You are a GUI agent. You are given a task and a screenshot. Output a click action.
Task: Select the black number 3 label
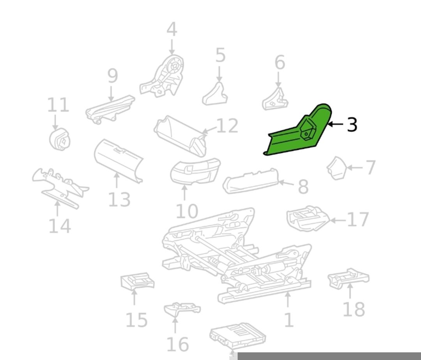coord(352,124)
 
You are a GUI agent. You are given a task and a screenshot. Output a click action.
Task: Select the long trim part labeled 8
coord(250,181)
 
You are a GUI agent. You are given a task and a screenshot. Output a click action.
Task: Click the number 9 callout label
coord(113,76)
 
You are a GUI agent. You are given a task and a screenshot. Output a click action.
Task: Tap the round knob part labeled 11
coord(60,139)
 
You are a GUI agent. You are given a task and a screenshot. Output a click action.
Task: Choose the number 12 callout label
coord(227,126)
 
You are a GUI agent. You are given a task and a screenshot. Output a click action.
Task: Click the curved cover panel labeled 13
coord(118,161)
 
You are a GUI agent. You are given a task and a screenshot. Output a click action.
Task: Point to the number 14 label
coord(60,226)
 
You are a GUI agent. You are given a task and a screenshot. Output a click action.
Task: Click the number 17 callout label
coord(358,220)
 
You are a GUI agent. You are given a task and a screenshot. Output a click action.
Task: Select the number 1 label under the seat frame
coord(288,320)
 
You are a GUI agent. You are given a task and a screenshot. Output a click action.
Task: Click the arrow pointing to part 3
coord(336,124)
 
